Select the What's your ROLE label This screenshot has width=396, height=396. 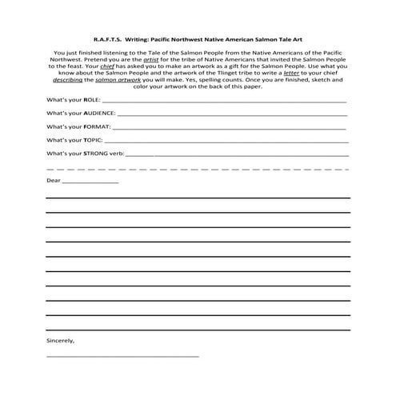coord(69,101)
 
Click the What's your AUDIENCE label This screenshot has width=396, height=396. coord(80,114)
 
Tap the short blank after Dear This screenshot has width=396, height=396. coord(90,183)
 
